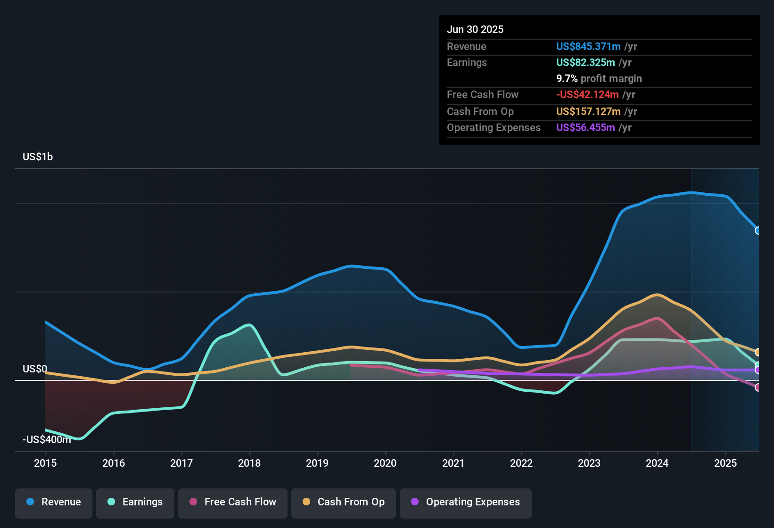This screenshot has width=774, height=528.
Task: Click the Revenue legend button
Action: pyautogui.click(x=54, y=502)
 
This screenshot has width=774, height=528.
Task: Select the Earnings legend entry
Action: pyautogui.click(x=135, y=502)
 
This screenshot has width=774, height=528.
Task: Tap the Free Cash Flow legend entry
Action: pyautogui.click(x=233, y=502)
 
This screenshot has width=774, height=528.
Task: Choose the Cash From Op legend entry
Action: pyautogui.click(x=344, y=502)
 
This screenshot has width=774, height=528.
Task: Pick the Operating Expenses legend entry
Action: pyautogui.click(x=466, y=502)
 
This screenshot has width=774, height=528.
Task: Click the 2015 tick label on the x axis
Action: pyautogui.click(x=45, y=463)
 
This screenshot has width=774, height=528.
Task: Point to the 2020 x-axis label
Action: pyautogui.click(x=385, y=463)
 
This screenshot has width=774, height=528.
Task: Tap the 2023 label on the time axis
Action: pyautogui.click(x=589, y=463)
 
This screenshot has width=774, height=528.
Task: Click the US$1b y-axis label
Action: pyautogui.click(x=38, y=157)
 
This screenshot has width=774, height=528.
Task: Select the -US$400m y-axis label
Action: pyautogui.click(x=47, y=440)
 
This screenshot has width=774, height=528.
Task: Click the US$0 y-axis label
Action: pyautogui.click(x=35, y=369)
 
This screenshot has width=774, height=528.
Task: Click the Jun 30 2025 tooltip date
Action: pyautogui.click(x=475, y=30)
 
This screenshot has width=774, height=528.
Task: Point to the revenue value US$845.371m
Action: pyautogui.click(x=588, y=47)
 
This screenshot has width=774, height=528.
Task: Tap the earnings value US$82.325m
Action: pyautogui.click(x=585, y=63)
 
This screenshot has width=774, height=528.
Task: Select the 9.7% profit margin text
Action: pyautogui.click(x=599, y=79)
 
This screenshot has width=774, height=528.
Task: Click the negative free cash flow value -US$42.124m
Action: pyautogui.click(x=587, y=95)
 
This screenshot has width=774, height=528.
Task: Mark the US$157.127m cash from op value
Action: pyautogui.click(x=588, y=112)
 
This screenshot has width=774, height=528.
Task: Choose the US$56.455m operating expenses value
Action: pyautogui.click(x=585, y=128)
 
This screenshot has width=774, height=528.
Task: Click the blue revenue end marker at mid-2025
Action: pyautogui.click(x=758, y=231)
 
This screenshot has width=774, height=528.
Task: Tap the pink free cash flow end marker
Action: pyautogui.click(x=758, y=388)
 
